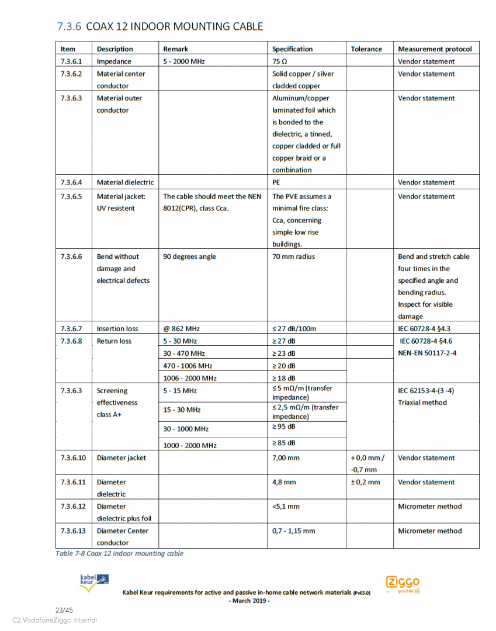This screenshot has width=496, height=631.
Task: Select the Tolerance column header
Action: [x=366, y=49]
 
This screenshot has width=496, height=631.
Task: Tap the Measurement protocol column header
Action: [x=434, y=49]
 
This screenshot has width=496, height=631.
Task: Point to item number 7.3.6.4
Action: [x=71, y=182]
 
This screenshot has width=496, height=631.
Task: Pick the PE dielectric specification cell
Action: [x=276, y=182]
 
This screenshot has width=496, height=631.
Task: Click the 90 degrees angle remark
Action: [x=189, y=256]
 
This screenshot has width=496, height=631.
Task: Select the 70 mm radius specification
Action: [x=293, y=256]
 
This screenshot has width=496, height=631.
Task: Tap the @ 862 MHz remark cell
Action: [x=181, y=328]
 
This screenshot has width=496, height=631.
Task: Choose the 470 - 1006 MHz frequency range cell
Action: [x=188, y=366]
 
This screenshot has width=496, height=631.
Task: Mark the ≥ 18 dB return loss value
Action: [x=284, y=378]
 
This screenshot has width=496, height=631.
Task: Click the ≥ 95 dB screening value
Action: [x=284, y=427]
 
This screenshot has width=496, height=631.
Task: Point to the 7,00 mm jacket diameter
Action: [x=286, y=458]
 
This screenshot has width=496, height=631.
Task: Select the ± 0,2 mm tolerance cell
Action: [x=365, y=482]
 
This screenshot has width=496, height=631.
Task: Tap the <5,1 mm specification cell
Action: [x=286, y=507]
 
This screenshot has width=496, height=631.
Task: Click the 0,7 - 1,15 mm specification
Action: [x=293, y=531]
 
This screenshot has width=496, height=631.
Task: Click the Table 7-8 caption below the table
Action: [x=119, y=553]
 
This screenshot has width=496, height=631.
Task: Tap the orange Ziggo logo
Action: [x=403, y=583]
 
